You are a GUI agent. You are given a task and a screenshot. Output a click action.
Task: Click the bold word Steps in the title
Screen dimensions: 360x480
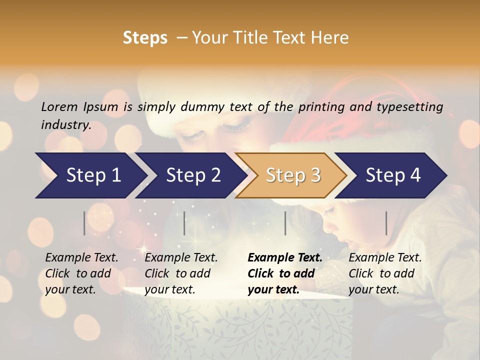(x=145, y=38)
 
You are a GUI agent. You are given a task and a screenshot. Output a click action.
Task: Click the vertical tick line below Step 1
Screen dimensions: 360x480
(x=84, y=223)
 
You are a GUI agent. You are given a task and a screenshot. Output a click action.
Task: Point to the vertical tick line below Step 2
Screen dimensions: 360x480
(x=184, y=223)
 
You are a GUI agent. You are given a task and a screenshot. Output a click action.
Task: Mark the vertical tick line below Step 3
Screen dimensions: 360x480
(x=285, y=223)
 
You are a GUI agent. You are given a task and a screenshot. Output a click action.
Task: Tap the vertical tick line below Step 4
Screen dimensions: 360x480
(x=386, y=223)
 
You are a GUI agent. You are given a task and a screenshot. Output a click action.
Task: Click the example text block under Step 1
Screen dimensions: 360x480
(x=81, y=273)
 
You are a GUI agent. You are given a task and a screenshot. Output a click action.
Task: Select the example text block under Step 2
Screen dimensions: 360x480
(x=181, y=273)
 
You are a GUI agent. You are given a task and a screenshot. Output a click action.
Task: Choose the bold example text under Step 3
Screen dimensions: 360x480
(x=285, y=273)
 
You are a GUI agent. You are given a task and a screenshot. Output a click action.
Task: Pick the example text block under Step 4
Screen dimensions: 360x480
(x=385, y=273)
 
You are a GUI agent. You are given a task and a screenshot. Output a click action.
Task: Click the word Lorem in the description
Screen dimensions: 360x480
(x=59, y=106)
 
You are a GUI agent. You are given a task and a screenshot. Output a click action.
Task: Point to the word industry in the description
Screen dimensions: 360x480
(x=66, y=125)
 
